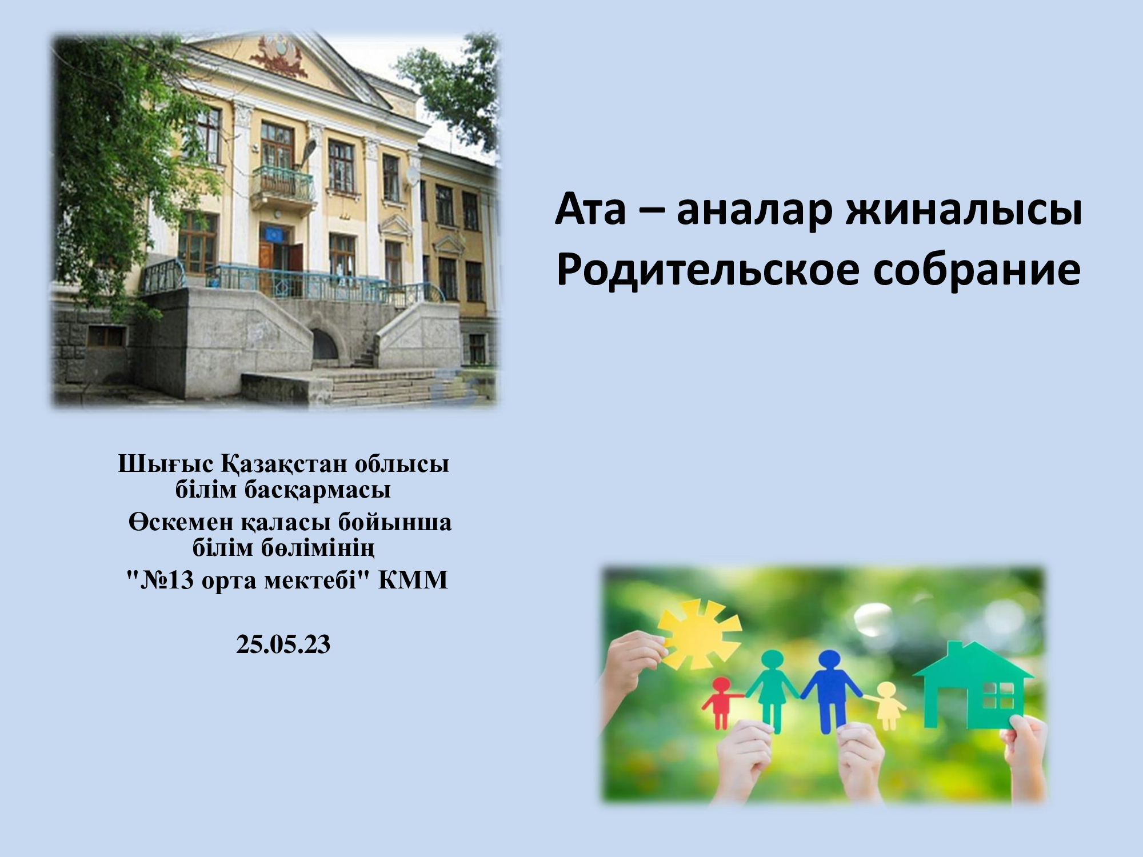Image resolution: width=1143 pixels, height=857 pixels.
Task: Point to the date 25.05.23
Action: pyautogui.click(x=283, y=644)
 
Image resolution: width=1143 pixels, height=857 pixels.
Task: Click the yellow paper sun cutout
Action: pyautogui.click(x=698, y=635)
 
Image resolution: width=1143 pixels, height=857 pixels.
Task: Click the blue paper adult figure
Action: pyautogui.click(x=831, y=690)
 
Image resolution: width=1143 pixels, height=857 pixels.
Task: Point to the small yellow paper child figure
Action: pyautogui.click(x=887, y=705)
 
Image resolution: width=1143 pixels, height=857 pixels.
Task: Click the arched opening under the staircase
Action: pyautogui.click(x=324, y=344)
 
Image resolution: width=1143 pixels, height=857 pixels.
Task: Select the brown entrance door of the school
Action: pyautogui.click(x=266, y=261)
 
